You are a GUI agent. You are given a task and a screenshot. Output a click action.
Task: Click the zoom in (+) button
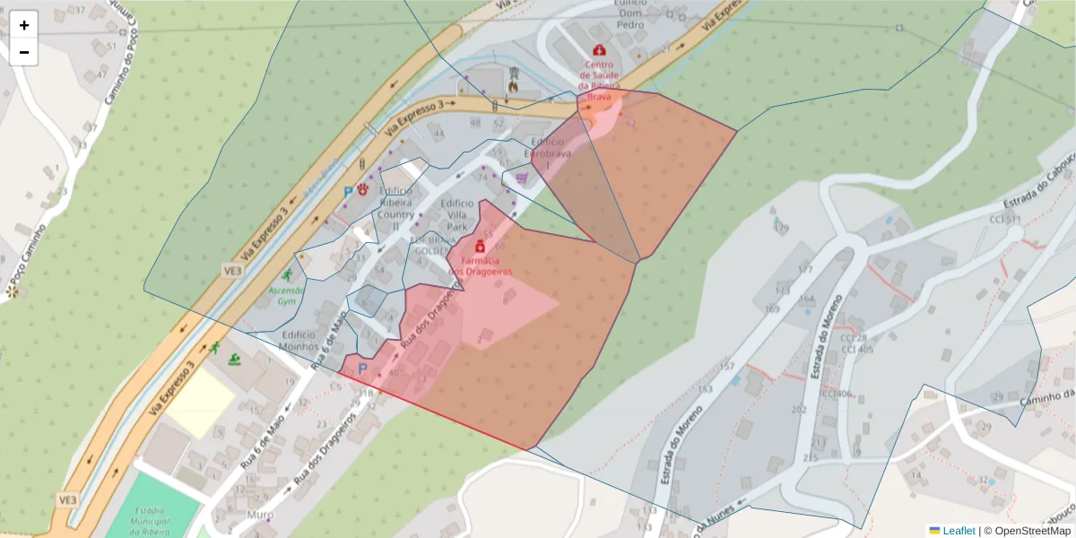24,25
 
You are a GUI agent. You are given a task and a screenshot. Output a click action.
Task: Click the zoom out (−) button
24,52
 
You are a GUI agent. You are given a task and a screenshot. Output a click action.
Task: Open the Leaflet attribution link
958,531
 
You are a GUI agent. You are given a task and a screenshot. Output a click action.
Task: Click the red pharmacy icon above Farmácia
480,246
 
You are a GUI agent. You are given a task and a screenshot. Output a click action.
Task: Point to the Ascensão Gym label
287,296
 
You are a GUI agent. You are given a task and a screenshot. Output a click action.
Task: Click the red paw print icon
363,189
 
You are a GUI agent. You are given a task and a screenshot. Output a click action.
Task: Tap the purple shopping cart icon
521,178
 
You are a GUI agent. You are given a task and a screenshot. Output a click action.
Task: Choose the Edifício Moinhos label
299,340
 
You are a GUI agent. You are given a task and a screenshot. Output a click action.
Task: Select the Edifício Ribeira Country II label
395,208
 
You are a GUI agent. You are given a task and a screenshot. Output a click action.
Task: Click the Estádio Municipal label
151,521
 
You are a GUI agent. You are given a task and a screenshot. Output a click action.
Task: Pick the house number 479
780,228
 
